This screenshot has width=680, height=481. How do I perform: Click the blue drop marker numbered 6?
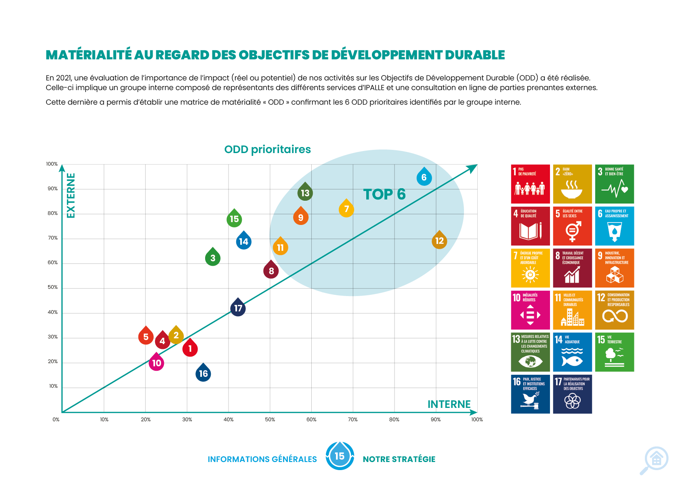click(x=424, y=177)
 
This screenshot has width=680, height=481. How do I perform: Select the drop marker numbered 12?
click(x=439, y=241)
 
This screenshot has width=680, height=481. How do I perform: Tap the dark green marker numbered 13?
click(x=305, y=193)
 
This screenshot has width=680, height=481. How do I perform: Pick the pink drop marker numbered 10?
click(x=156, y=363)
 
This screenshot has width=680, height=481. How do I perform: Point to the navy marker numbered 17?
click(x=238, y=308)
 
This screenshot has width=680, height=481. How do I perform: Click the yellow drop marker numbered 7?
click(x=346, y=209)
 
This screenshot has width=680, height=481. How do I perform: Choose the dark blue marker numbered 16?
click(x=203, y=374)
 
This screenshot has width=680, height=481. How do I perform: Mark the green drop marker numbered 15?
click(x=234, y=219)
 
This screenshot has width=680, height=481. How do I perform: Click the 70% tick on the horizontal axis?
click(x=353, y=420)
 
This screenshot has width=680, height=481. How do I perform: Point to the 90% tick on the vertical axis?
click(x=52, y=189)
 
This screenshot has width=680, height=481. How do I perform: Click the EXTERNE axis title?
click(x=71, y=195)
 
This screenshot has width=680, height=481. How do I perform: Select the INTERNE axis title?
click(x=449, y=404)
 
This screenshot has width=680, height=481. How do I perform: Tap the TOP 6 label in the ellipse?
click(x=384, y=194)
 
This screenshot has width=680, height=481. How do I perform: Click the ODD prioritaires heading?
click(x=267, y=149)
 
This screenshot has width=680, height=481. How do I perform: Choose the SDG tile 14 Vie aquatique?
click(x=572, y=352)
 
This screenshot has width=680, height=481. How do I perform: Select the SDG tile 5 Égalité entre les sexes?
click(x=572, y=226)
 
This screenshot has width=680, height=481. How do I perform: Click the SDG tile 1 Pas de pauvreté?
click(x=530, y=184)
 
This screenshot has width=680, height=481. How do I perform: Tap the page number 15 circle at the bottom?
click(x=340, y=456)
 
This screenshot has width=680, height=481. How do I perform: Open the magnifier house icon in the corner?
click(x=655, y=460)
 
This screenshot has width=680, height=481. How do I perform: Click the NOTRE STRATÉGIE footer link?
click(x=399, y=459)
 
